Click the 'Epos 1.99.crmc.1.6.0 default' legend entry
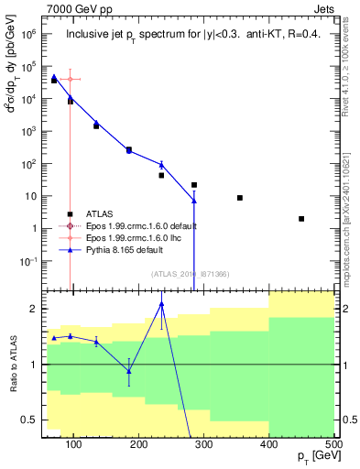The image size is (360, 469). (x=136, y=225)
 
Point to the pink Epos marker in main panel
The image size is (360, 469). (x=70, y=80)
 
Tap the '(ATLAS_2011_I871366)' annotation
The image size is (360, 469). (x=190, y=274)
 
